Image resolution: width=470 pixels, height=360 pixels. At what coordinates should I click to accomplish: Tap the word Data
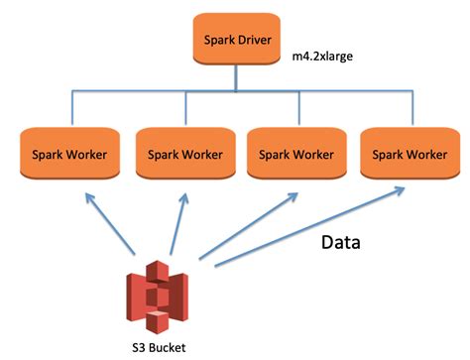tap(347, 241)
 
